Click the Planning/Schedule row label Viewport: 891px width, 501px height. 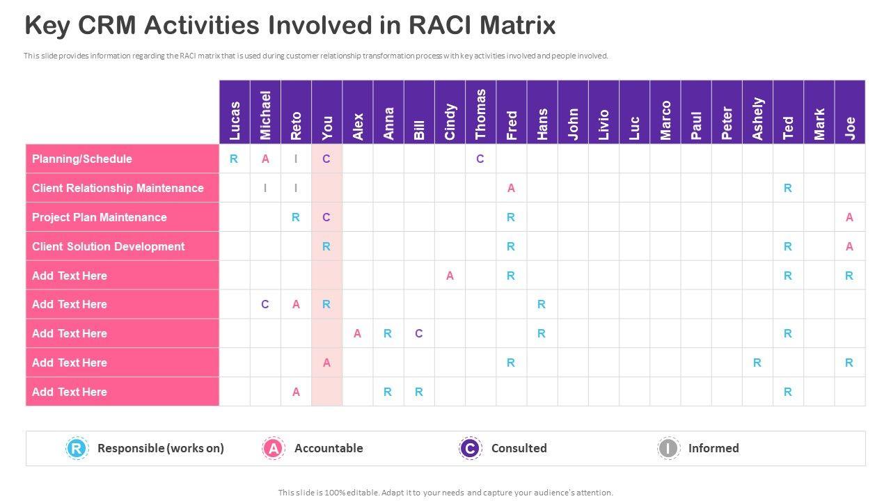(81, 159)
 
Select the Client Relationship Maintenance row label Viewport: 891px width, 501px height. (118, 188)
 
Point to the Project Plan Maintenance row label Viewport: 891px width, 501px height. (100, 217)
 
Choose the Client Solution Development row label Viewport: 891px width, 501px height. (108, 246)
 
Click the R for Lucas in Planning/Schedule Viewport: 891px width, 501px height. (234, 159)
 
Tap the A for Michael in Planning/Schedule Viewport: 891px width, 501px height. (265, 159)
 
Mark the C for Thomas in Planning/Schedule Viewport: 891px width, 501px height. (480, 159)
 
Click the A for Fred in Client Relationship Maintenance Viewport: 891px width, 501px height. (511, 188)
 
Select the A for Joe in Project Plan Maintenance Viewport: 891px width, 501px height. (849, 217)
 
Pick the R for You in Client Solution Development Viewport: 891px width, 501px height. (326, 246)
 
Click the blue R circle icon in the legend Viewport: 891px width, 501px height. (77, 448)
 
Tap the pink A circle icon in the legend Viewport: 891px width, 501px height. (274, 448)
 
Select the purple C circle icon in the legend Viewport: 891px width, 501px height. (471, 448)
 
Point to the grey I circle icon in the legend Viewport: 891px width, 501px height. (668, 448)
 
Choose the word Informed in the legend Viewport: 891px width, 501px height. (713, 448)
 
